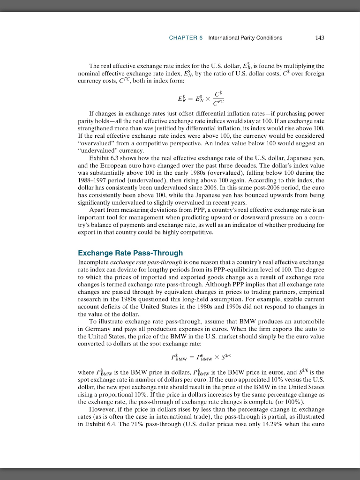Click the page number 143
320,37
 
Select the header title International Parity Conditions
245,37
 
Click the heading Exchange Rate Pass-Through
130,253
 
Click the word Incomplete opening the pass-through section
93,261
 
